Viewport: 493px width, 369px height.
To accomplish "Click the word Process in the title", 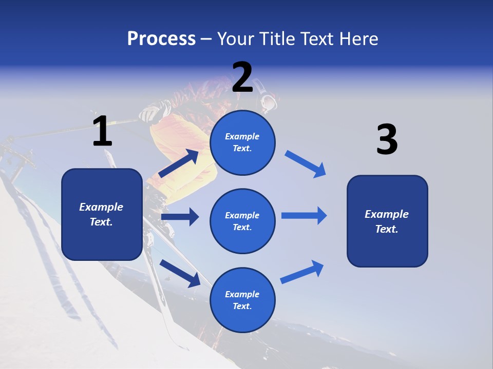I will pyautogui.click(x=161, y=39).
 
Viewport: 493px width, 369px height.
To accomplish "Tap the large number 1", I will pyautogui.click(x=102, y=132).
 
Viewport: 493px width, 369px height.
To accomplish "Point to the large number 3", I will pyautogui.click(x=387, y=140).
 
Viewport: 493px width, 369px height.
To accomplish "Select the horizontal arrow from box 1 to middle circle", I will pyautogui.click(x=180, y=217).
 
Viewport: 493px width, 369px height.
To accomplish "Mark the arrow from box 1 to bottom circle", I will pyautogui.click(x=180, y=273).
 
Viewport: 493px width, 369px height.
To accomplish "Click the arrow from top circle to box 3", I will pyautogui.click(x=306, y=164).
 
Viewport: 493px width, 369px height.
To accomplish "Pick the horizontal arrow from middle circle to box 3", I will pyautogui.click(x=304, y=215).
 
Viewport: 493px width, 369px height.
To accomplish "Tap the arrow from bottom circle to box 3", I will pyautogui.click(x=302, y=272).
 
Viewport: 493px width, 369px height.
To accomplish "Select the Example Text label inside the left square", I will pyautogui.click(x=101, y=214).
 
